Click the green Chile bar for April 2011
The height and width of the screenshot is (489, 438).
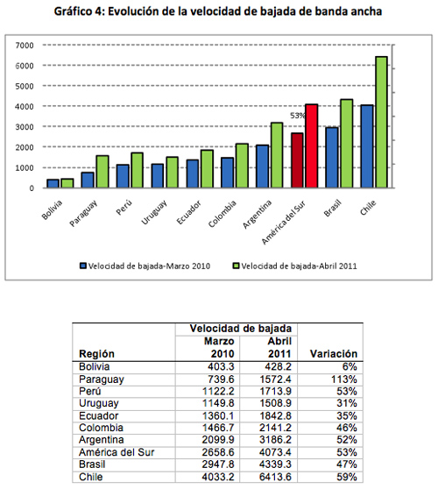[x=381, y=122]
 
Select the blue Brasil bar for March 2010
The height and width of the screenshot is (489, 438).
[x=332, y=158]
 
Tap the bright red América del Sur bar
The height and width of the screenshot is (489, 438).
[x=312, y=146]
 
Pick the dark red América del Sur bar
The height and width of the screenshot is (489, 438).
[x=297, y=160]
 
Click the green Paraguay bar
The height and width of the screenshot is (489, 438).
[x=102, y=172]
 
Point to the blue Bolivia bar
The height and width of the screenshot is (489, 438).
[x=53, y=183]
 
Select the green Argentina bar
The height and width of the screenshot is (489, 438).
[x=277, y=155]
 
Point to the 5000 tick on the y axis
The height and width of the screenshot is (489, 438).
[x=25, y=86]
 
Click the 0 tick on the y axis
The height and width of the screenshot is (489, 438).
[x=32, y=188]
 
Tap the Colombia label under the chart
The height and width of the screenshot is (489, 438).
[x=223, y=214]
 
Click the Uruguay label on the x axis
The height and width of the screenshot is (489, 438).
[x=154, y=212]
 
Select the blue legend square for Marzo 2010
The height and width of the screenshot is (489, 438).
[x=83, y=266]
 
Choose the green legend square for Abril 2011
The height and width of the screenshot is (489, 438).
[x=236, y=266]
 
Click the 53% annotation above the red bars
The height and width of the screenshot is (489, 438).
[x=298, y=116]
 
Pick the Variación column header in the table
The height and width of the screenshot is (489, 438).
[x=333, y=354]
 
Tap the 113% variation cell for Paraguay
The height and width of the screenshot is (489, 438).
[x=344, y=379]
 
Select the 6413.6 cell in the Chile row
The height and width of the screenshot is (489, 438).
[x=275, y=477]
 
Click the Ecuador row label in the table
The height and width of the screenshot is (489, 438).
[x=98, y=415]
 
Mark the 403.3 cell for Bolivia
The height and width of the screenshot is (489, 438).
[x=221, y=366]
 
